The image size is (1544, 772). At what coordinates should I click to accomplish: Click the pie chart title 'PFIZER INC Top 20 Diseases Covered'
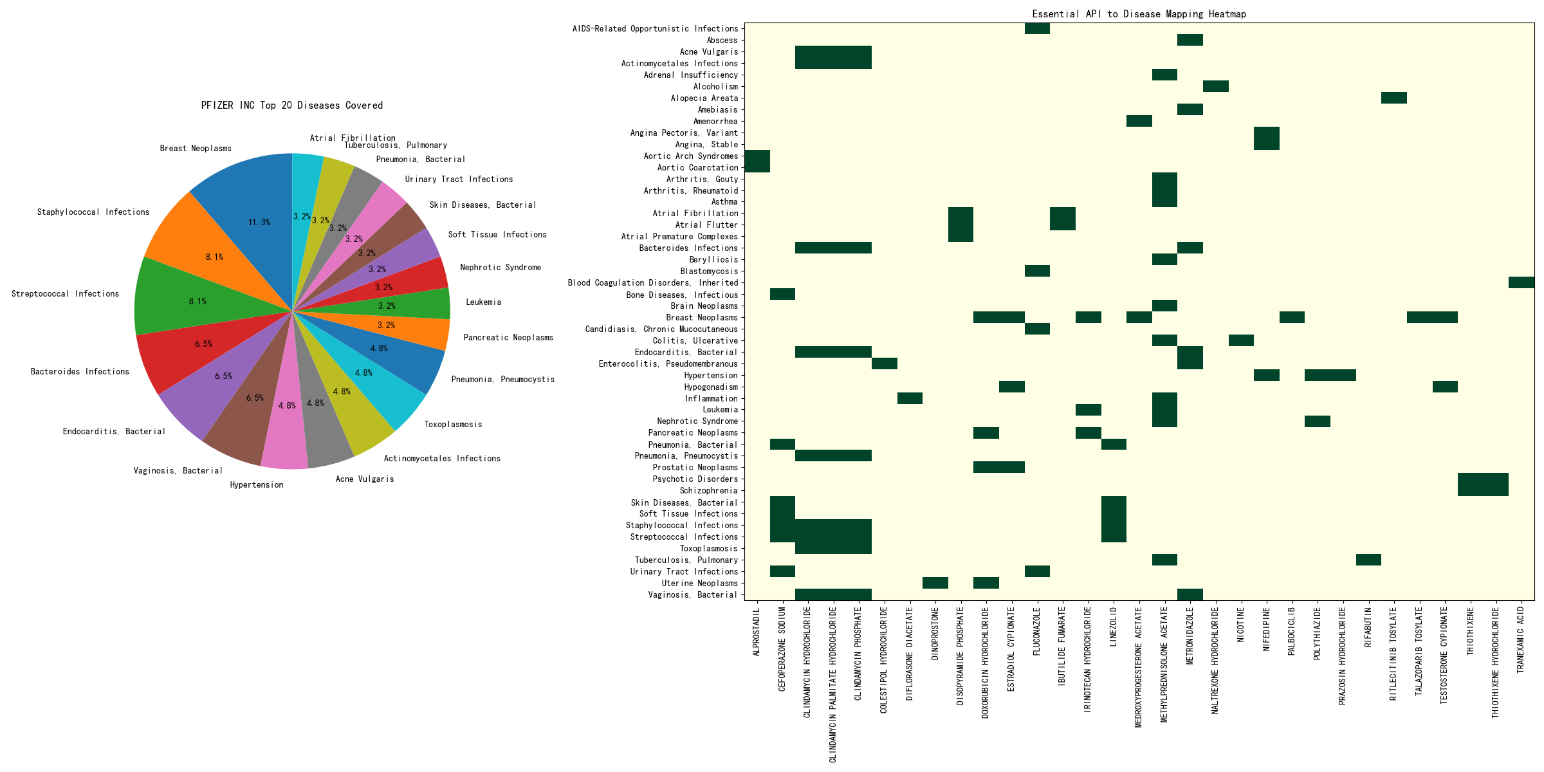[291, 106]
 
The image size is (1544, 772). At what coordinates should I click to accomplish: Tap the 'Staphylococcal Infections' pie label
[93, 212]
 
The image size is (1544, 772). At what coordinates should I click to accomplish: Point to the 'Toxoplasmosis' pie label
[453, 425]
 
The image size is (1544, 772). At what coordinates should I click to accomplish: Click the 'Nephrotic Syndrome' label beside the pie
[501, 268]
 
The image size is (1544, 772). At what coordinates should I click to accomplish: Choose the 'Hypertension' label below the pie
[256, 485]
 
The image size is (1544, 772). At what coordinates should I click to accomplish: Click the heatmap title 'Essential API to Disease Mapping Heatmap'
[1139, 14]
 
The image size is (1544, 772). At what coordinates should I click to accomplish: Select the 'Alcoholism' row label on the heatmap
[715, 87]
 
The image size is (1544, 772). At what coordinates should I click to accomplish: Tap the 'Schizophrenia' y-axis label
[708, 491]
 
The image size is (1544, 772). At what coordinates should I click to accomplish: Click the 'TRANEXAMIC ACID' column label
[1521, 640]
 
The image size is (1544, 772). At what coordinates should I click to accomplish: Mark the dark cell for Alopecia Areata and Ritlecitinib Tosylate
[1393, 98]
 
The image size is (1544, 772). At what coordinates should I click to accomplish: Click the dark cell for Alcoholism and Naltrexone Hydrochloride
[1215, 86]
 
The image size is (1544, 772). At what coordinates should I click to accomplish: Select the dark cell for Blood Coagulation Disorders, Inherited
[1521, 282]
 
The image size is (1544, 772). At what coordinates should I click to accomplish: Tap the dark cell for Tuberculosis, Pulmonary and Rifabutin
[1368, 560]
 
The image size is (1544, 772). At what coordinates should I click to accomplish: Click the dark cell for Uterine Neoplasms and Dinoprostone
[935, 583]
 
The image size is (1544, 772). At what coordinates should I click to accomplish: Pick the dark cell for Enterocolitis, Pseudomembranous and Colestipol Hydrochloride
[884, 363]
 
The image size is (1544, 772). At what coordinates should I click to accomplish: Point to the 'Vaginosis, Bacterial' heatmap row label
[692, 595]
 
